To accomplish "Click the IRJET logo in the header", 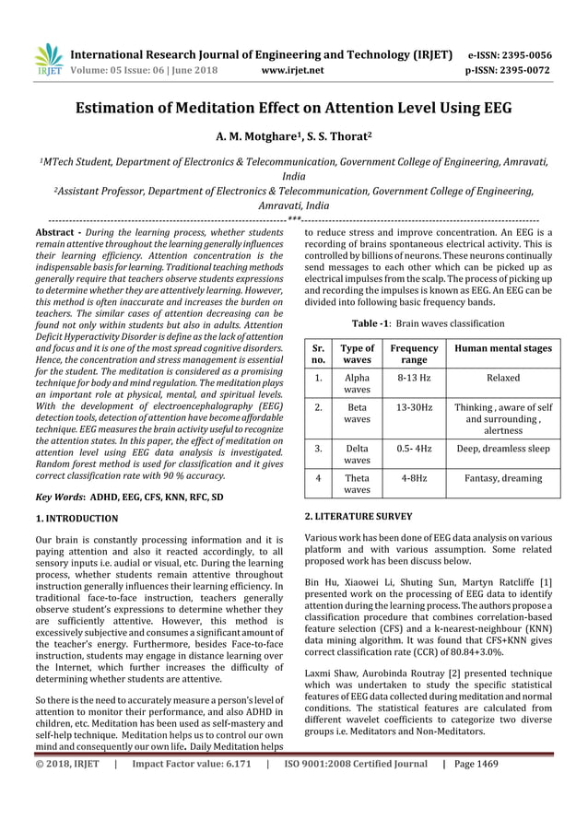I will [x=46, y=61].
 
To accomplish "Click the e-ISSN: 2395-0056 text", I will [x=511, y=54].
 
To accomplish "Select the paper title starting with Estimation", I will [x=293, y=114].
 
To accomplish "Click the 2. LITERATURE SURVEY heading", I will [x=359, y=516].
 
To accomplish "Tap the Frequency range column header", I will [x=414, y=354].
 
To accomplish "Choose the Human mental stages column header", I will [x=503, y=348].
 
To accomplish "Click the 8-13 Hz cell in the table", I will [x=414, y=378].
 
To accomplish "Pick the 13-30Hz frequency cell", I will [x=414, y=406].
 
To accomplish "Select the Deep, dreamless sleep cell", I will [x=503, y=449].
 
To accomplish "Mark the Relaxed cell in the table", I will [x=503, y=378].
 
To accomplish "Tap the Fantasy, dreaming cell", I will [x=503, y=477].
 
